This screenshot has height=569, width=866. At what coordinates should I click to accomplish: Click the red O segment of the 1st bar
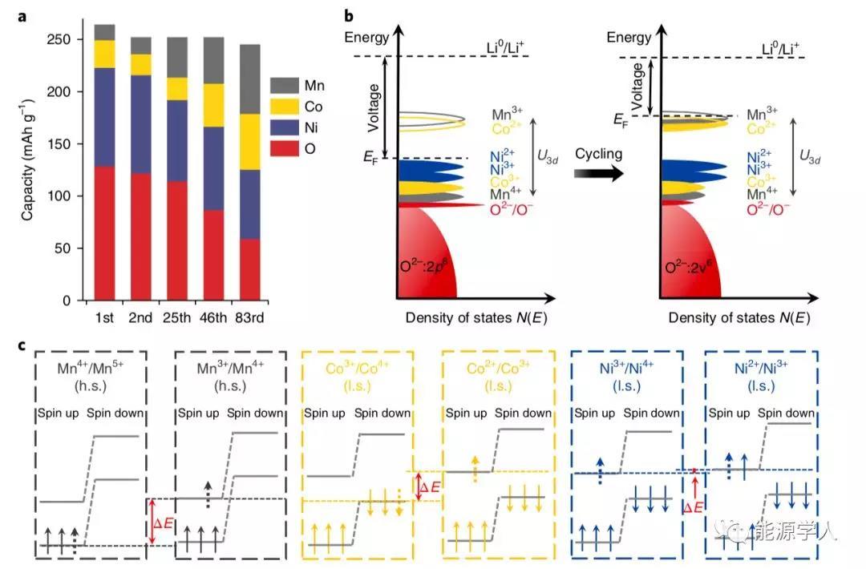(x=104, y=233)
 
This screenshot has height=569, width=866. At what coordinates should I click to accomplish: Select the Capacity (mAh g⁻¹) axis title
(x=27, y=156)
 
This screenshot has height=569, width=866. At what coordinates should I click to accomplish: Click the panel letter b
(x=348, y=15)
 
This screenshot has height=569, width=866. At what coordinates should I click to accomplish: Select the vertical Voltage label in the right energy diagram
(x=638, y=85)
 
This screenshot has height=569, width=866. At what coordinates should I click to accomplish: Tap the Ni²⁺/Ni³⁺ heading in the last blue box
(x=761, y=370)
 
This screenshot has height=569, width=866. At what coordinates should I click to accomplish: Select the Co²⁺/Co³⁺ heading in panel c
(x=498, y=370)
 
